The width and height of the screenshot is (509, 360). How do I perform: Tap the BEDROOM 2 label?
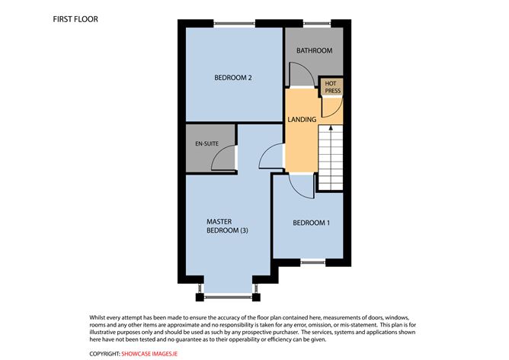point(232,77)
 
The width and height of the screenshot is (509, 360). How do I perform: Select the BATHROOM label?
point(314,51)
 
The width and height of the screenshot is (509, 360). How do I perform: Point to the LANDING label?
point(302,119)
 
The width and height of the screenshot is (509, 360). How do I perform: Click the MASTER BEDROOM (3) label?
point(227,227)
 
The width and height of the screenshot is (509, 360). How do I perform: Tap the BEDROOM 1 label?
point(312,223)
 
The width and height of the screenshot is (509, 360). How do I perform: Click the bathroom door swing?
point(299,76)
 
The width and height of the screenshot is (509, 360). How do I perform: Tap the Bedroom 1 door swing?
point(303,184)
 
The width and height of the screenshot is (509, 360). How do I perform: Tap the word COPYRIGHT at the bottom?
point(104,353)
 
